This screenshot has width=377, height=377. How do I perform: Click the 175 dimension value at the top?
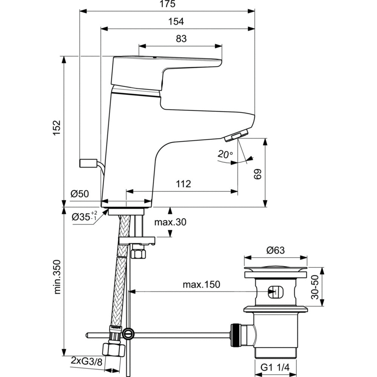166,5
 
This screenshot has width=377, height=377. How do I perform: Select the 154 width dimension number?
176,21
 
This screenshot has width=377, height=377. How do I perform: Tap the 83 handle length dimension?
181,38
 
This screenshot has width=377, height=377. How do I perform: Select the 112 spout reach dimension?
183,184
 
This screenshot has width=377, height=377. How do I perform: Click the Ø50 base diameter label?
80,194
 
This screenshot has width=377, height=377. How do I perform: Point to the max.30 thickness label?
170,222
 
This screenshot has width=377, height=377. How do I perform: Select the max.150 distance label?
202,284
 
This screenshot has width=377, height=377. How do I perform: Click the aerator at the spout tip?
236,136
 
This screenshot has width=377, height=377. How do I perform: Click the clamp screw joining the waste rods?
129,333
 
